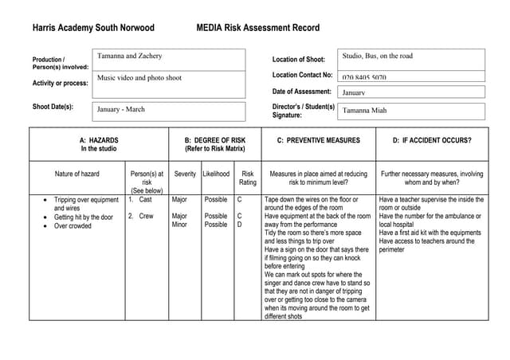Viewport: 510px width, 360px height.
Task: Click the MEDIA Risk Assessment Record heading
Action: click(x=257, y=28)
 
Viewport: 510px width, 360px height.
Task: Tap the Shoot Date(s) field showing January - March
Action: click(x=171, y=110)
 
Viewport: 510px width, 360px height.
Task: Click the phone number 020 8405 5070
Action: click(x=364, y=78)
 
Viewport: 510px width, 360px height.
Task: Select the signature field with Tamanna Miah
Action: click(x=411, y=111)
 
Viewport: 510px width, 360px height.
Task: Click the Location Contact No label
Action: click(x=302, y=75)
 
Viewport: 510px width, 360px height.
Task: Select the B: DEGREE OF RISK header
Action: click(x=215, y=144)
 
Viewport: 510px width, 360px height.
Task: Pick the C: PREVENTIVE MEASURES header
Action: click(x=318, y=140)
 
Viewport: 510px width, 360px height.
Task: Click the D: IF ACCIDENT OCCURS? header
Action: click(x=432, y=140)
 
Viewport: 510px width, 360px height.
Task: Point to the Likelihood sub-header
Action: click(x=216, y=174)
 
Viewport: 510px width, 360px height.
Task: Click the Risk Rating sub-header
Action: click(x=248, y=178)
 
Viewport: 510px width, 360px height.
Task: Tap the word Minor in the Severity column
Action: click(x=180, y=225)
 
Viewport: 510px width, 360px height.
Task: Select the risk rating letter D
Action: click(x=239, y=225)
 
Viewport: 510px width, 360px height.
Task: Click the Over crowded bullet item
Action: click(x=73, y=226)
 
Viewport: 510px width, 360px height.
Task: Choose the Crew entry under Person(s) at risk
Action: click(x=146, y=216)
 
